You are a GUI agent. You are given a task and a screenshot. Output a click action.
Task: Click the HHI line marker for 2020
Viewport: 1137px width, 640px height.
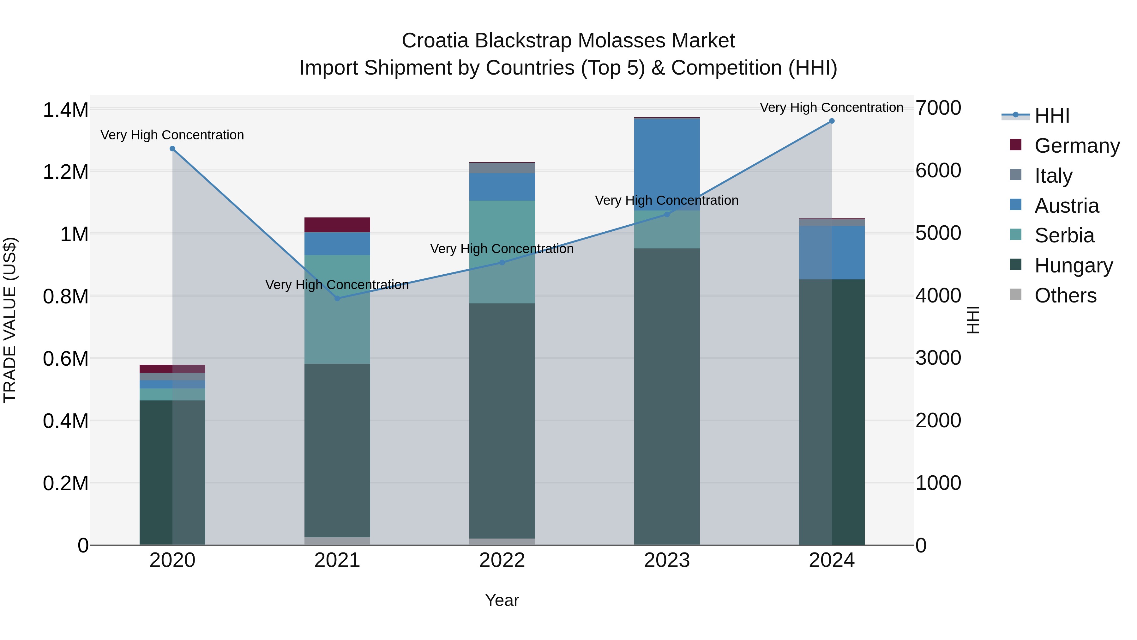[x=172, y=149]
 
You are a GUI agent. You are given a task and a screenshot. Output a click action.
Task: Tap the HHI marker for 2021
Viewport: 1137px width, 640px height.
[x=337, y=299]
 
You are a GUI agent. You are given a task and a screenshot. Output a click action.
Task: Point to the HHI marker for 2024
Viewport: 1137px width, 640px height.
[x=832, y=121]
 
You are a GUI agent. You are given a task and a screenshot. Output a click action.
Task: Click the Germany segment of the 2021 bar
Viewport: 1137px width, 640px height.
[x=337, y=225]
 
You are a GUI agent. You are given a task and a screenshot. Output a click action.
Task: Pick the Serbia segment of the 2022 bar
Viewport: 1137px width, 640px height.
[x=502, y=252]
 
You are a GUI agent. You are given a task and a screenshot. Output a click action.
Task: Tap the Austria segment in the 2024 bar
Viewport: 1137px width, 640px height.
[x=832, y=253]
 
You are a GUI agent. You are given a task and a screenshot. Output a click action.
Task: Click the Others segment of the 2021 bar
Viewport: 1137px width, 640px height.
[x=337, y=541]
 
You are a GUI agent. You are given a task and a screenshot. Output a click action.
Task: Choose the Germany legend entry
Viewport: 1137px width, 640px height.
[x=1077, y=146]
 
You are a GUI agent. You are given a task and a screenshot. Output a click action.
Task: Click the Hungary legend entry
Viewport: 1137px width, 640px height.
[x=1074, y=265]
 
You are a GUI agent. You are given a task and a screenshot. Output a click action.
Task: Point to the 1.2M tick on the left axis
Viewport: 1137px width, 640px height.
[x=65, y=172]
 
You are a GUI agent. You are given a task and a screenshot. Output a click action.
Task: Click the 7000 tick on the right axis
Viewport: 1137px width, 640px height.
[x=938, y=108]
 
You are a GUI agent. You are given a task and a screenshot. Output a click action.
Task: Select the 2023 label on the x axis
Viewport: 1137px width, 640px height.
[x=667, y=560]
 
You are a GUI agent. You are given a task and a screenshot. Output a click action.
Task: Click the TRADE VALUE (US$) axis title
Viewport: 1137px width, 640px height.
[x=10, y=320]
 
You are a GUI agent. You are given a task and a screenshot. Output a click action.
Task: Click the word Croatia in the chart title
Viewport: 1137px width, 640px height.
[x=435, y=41]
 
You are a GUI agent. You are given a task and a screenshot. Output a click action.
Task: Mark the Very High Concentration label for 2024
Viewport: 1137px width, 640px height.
[x=832, y=108]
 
